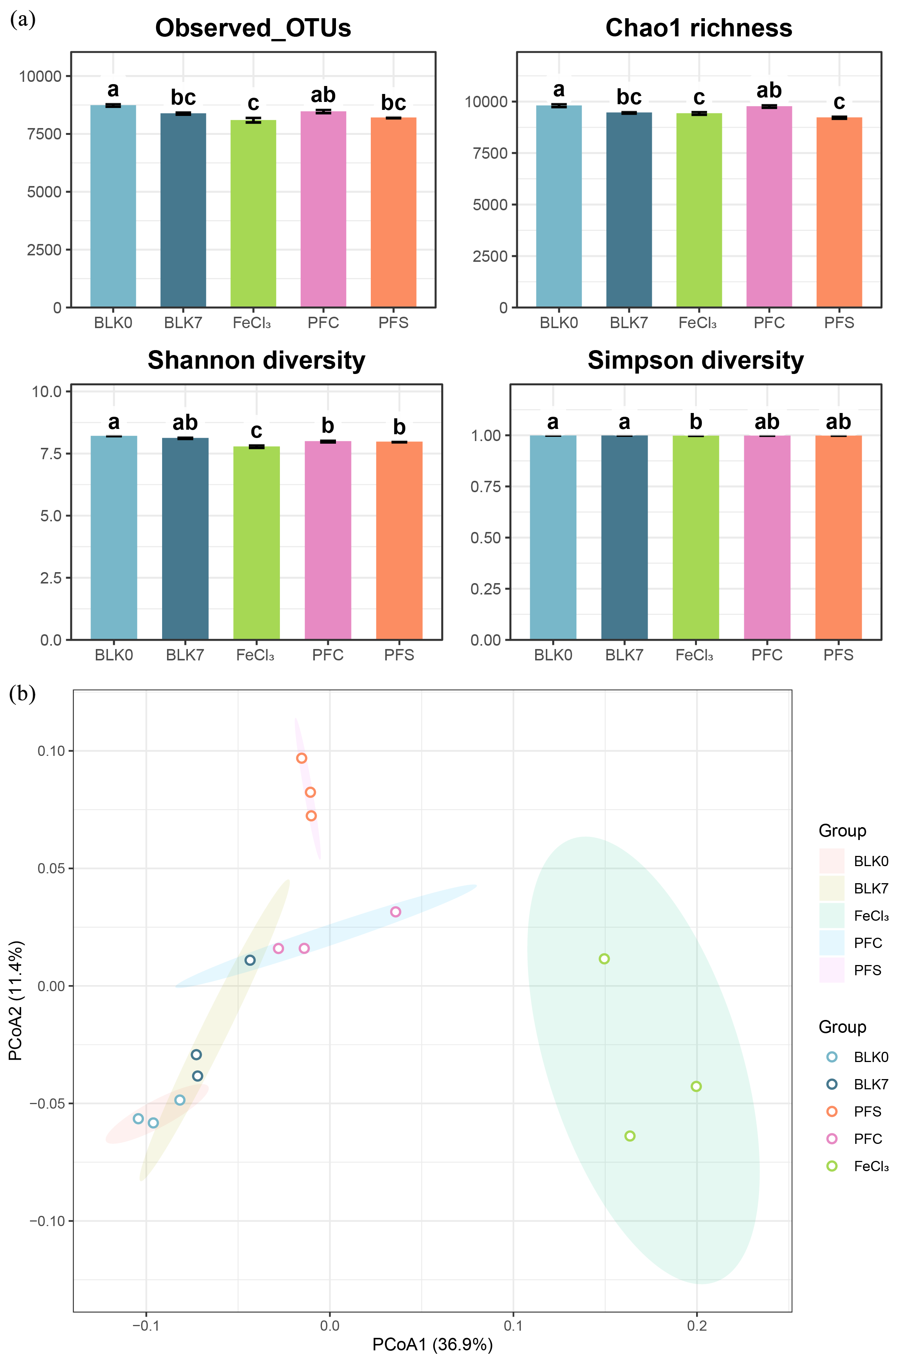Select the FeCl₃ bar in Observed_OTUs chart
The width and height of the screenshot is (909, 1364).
point(253,213)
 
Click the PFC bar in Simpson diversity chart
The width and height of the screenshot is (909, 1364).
point(767,538)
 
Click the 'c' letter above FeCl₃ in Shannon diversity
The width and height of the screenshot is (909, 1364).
point(256,431)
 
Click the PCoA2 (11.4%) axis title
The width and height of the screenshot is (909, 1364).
point(16,1000)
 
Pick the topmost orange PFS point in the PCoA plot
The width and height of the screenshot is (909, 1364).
point(301,758)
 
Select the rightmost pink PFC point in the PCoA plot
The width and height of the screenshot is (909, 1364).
point(395,912)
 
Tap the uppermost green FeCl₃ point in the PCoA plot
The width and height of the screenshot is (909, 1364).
point(604,959)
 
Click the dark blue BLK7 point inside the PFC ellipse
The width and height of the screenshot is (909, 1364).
point(250,960)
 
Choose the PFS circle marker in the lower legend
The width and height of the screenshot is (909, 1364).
point(832,1111)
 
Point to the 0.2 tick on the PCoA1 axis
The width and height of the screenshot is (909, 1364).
point(697,1326)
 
